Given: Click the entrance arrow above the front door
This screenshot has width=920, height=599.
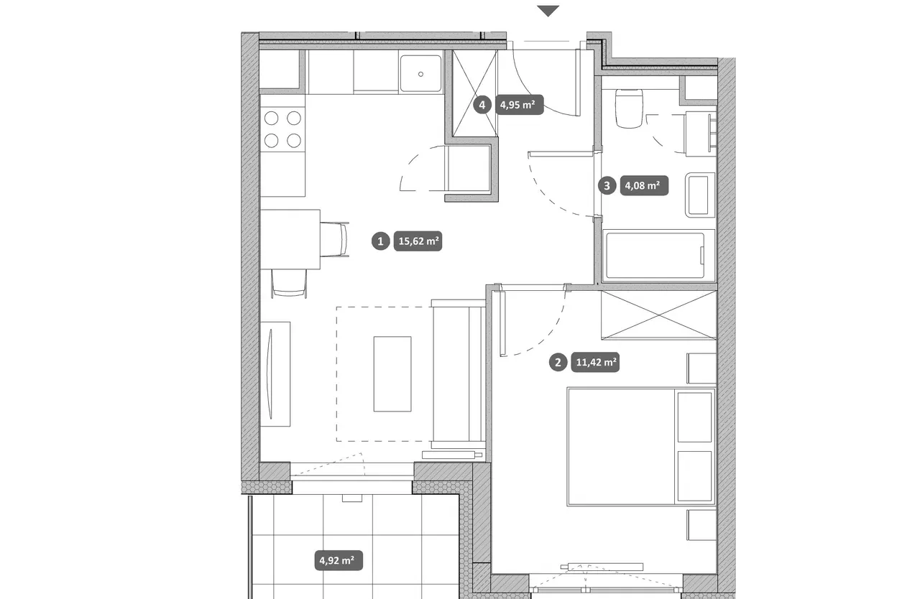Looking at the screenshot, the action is coord(548,11).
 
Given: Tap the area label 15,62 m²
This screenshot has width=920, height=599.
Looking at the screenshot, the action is coord(418,241).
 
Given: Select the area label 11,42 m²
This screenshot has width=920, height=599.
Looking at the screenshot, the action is coord(596,362).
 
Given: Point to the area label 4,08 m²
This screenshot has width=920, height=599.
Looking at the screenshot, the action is coord(644,186).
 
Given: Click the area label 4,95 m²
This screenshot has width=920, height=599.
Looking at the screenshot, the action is coord(519,105).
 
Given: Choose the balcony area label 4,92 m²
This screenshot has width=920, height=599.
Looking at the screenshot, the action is coord(339,560).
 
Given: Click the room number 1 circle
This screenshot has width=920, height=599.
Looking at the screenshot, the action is coord(381,241).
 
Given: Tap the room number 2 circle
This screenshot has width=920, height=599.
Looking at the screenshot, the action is coord(558,362).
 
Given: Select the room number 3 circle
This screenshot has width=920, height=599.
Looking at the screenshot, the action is coord(607,186).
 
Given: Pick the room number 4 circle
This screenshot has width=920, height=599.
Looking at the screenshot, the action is coord(482,105).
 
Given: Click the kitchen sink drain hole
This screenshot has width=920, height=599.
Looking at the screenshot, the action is coord(420,74).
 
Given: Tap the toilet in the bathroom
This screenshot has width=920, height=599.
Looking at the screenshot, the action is coord(629,108).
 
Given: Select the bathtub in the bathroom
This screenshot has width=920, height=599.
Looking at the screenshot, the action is coord(659,256).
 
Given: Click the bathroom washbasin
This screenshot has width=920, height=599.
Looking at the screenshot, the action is coord(700,195).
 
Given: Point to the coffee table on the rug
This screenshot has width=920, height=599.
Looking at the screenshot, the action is coord(392,373).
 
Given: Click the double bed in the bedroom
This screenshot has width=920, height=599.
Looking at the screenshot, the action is coord(641,447).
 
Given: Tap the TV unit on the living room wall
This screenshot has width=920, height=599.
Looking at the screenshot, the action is coord(275,373).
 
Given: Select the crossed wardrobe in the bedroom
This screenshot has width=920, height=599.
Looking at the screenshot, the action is coord(659,315).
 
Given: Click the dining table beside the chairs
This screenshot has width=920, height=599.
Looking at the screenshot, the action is coord(290,239).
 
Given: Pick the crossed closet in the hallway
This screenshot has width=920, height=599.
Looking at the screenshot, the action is coord(475,93).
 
